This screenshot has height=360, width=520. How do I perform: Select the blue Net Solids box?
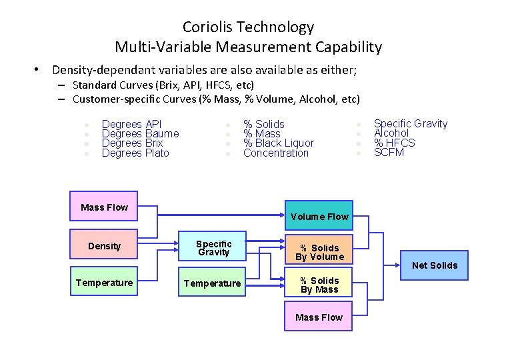[x=435, y=265]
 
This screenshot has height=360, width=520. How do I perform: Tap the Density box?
[x=104, y=246]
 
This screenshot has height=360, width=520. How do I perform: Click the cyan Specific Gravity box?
[x=213, y=247]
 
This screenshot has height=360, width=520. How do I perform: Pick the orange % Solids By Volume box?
[x=319, y=252]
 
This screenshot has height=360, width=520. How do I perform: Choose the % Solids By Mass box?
[x=319, y=285]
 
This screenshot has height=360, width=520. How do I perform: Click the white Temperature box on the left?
[x=104, y=283]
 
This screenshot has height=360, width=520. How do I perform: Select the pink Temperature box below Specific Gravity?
[x=212, y=283]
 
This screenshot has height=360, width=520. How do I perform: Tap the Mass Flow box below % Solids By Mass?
[x=319, y=317]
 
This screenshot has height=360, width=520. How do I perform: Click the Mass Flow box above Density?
[x=104, y=207]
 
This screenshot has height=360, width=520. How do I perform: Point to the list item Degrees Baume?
[x=140, y=133]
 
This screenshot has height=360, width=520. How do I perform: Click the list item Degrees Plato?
[x=135, y=153]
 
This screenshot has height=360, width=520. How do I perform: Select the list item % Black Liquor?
[x=278, y=143]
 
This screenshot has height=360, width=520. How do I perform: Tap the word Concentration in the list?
[x=276, y=153]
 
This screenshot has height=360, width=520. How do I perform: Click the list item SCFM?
[x=389, y=153]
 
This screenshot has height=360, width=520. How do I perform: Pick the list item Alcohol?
[x=391, y=133]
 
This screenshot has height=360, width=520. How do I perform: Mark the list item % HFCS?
[x=394, y=143]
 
